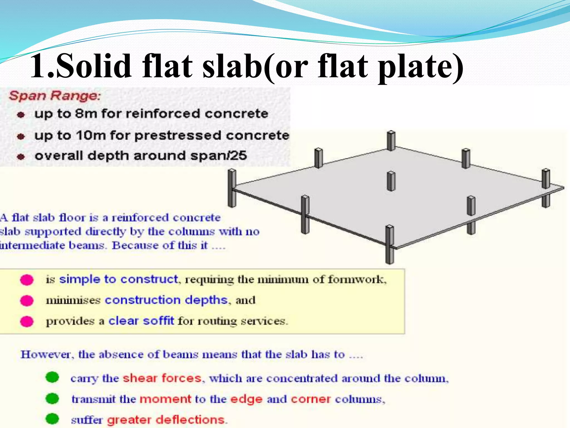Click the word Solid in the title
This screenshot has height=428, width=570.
point(94,66)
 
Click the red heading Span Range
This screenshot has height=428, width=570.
point(55,96)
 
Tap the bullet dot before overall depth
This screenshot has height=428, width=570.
point(21,157)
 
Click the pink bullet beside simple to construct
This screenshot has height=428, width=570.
point(27,279)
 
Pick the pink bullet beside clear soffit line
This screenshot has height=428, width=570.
point(27,321)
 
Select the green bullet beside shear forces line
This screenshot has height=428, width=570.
point(52,378)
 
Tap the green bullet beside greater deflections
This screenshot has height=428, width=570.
point(52,419)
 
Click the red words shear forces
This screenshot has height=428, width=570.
point(162,378)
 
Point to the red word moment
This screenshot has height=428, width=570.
point(165,399)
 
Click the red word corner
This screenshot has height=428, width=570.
point(311,399)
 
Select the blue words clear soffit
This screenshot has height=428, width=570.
point(141,321)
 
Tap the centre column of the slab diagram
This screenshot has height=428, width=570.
point(391,181)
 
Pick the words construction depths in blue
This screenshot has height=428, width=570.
point(166,300)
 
